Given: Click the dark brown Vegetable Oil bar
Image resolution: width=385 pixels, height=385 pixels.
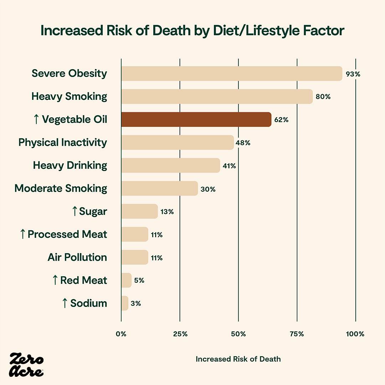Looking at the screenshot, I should pos(196,119).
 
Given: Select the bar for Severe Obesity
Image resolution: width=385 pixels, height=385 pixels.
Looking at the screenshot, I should pos(232,73).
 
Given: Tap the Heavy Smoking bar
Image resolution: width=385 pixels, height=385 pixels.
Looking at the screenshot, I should pos(217,97).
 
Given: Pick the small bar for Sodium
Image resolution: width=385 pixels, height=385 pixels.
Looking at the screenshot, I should pos(124,303).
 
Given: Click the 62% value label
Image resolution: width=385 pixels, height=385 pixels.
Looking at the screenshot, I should pos(281,120).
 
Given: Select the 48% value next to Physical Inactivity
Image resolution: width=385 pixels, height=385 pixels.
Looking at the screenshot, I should pos(243,143).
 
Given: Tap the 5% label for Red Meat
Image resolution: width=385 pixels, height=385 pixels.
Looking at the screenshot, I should pos(139,281).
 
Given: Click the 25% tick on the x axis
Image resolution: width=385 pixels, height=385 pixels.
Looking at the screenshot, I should pos(180,334).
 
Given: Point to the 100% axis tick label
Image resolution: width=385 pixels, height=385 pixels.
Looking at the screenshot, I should pos(355,334).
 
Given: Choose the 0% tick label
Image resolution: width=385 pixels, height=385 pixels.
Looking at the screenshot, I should pos(121,334).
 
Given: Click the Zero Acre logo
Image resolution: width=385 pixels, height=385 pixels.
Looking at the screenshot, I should pos(27,364).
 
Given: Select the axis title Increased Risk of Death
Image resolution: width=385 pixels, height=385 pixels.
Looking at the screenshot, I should pos(238,359).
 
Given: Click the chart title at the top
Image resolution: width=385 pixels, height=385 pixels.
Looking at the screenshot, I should pos(192,31).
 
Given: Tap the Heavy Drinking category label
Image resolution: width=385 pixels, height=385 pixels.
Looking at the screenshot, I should pos(70,165).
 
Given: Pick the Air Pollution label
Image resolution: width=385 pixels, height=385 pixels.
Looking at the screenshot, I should pos(77,257).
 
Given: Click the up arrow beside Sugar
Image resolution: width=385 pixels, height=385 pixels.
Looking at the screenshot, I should pos(74,211).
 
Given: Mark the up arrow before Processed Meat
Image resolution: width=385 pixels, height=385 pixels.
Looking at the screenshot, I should pos(23,234).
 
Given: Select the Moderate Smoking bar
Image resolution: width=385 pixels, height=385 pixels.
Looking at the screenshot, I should pos(159,188).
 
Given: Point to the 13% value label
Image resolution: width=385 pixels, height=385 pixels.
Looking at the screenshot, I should pos(167,212).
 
